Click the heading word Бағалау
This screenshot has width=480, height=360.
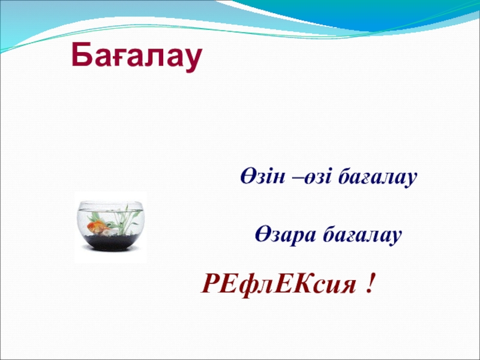137,55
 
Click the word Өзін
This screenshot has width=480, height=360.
263,176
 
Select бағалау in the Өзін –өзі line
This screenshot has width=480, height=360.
377,178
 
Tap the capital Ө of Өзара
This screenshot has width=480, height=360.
263,234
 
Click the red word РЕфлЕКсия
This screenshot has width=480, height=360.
278,284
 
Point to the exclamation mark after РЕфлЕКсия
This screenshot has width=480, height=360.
370,283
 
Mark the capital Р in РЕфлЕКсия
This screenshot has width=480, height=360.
211,283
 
